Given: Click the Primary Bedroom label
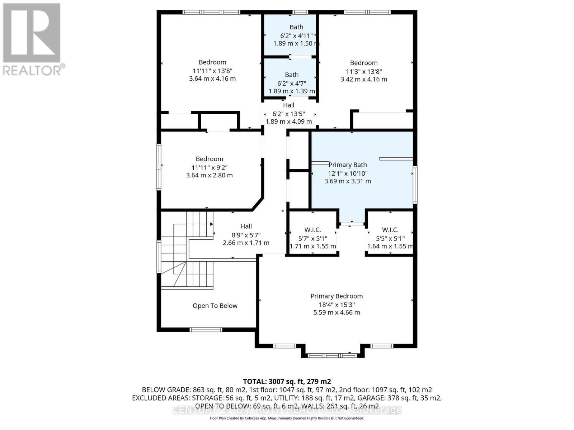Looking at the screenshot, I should coord(337,296).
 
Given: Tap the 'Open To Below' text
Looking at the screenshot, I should coord(215,306).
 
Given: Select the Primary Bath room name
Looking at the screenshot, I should coord(348,165).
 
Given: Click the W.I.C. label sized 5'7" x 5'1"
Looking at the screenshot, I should coord(312,230).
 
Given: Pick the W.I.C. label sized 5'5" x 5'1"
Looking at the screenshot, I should coord(390,230).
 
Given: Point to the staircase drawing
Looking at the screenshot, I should coord(187,251).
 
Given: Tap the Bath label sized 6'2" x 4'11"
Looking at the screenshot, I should coord(296,27).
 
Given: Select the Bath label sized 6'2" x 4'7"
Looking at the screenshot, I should coord(292,75).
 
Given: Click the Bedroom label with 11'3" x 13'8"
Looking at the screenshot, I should coord(364,63).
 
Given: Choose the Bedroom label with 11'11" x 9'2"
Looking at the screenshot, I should coord(210,159).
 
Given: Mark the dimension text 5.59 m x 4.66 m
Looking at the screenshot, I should coord(337,312).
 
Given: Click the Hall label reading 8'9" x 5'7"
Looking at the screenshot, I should coord(246,226).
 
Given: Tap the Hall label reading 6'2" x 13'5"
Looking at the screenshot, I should coord(288,105).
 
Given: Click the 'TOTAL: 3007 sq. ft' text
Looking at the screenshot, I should coord(287,381).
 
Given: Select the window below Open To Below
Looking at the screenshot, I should coord(206,329).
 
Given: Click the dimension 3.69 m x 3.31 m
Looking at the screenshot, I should coord(348,181).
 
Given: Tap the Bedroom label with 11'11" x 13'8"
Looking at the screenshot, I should coord(212,62).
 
